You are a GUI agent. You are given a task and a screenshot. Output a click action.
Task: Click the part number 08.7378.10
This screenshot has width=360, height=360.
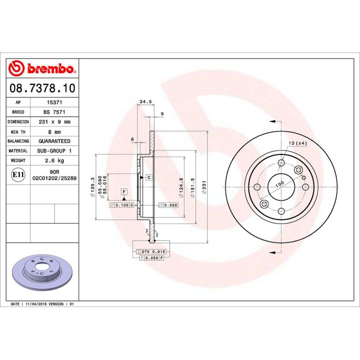[42, 88]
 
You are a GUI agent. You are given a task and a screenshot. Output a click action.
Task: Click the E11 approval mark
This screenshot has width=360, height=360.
[17, 174]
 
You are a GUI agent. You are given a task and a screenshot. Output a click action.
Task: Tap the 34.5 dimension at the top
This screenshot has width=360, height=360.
[145, 102]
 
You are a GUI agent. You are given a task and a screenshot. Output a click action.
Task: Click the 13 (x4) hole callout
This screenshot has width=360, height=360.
[297, 143]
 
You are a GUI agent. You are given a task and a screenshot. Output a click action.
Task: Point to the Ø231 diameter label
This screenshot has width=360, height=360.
[203, 187]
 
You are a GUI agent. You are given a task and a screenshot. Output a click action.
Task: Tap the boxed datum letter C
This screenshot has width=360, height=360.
[148, 177]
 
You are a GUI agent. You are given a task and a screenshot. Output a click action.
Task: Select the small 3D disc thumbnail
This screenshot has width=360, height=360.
[42, 272]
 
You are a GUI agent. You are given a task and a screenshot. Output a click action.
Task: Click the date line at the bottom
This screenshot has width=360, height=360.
[42, 304]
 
